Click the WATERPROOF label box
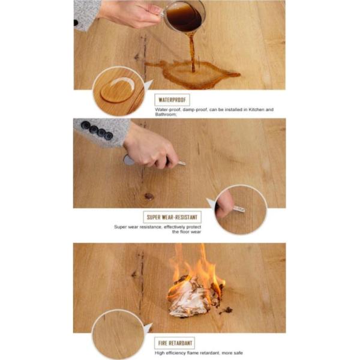point(172,100)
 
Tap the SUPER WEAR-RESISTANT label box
point(172,217)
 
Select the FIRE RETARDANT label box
point(175,343)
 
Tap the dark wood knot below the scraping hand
point(149,196)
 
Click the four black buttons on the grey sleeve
point(97,130)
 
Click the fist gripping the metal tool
point(151,149)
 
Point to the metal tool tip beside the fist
point(181,163)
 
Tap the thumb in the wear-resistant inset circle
point(224,205)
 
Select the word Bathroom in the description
point(166,115)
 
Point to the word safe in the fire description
point(238,353)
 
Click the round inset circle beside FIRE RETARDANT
point(118,335)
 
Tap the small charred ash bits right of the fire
point(226,311)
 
